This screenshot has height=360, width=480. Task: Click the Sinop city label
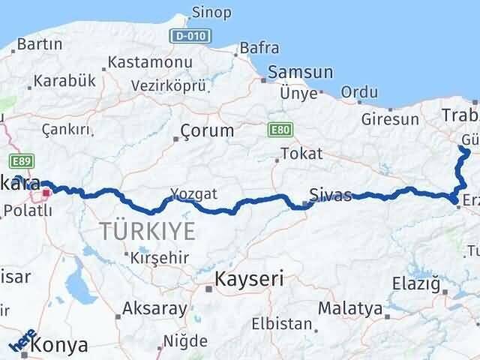point(212,12)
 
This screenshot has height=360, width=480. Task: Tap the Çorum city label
point(208,130)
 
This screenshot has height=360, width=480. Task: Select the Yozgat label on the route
point(193,194)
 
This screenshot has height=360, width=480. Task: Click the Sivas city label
point(331,196)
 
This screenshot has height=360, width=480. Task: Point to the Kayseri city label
point(249,280)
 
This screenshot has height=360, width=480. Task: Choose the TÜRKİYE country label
point(147,230)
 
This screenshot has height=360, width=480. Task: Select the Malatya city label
point(349,307)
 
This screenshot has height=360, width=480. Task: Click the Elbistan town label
point(283,325)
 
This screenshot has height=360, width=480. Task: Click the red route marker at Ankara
point(46,193)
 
